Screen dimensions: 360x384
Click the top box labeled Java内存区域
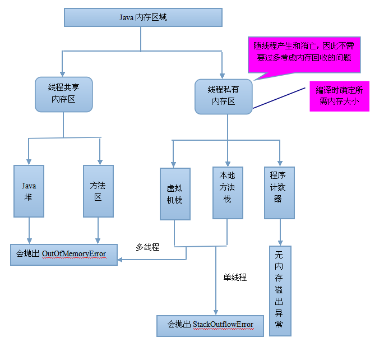pos(140,17)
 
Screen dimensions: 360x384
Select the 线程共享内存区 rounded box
pos(63,94)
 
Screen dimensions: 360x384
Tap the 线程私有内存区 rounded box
pos(223,96)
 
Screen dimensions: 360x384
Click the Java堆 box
pos(29,191)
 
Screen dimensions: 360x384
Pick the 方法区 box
pos(98,191)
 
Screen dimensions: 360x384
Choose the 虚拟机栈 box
pos(174,193)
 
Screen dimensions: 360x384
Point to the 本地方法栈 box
pos(228,192)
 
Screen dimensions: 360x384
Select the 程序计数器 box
pos(279,192)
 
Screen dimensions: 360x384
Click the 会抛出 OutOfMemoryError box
pos(64,254)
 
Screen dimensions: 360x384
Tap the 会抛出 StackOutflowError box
pos(210,325)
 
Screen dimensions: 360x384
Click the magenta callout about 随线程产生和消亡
pos(303,53)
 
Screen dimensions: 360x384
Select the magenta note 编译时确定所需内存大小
pos(339,96)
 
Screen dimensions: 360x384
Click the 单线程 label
pos(235,277)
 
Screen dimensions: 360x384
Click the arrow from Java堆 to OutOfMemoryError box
pos(29,230)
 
